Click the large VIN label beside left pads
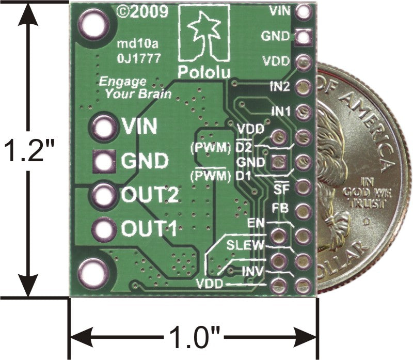(x=140, y=127)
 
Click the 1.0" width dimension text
(x=193, y=339)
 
